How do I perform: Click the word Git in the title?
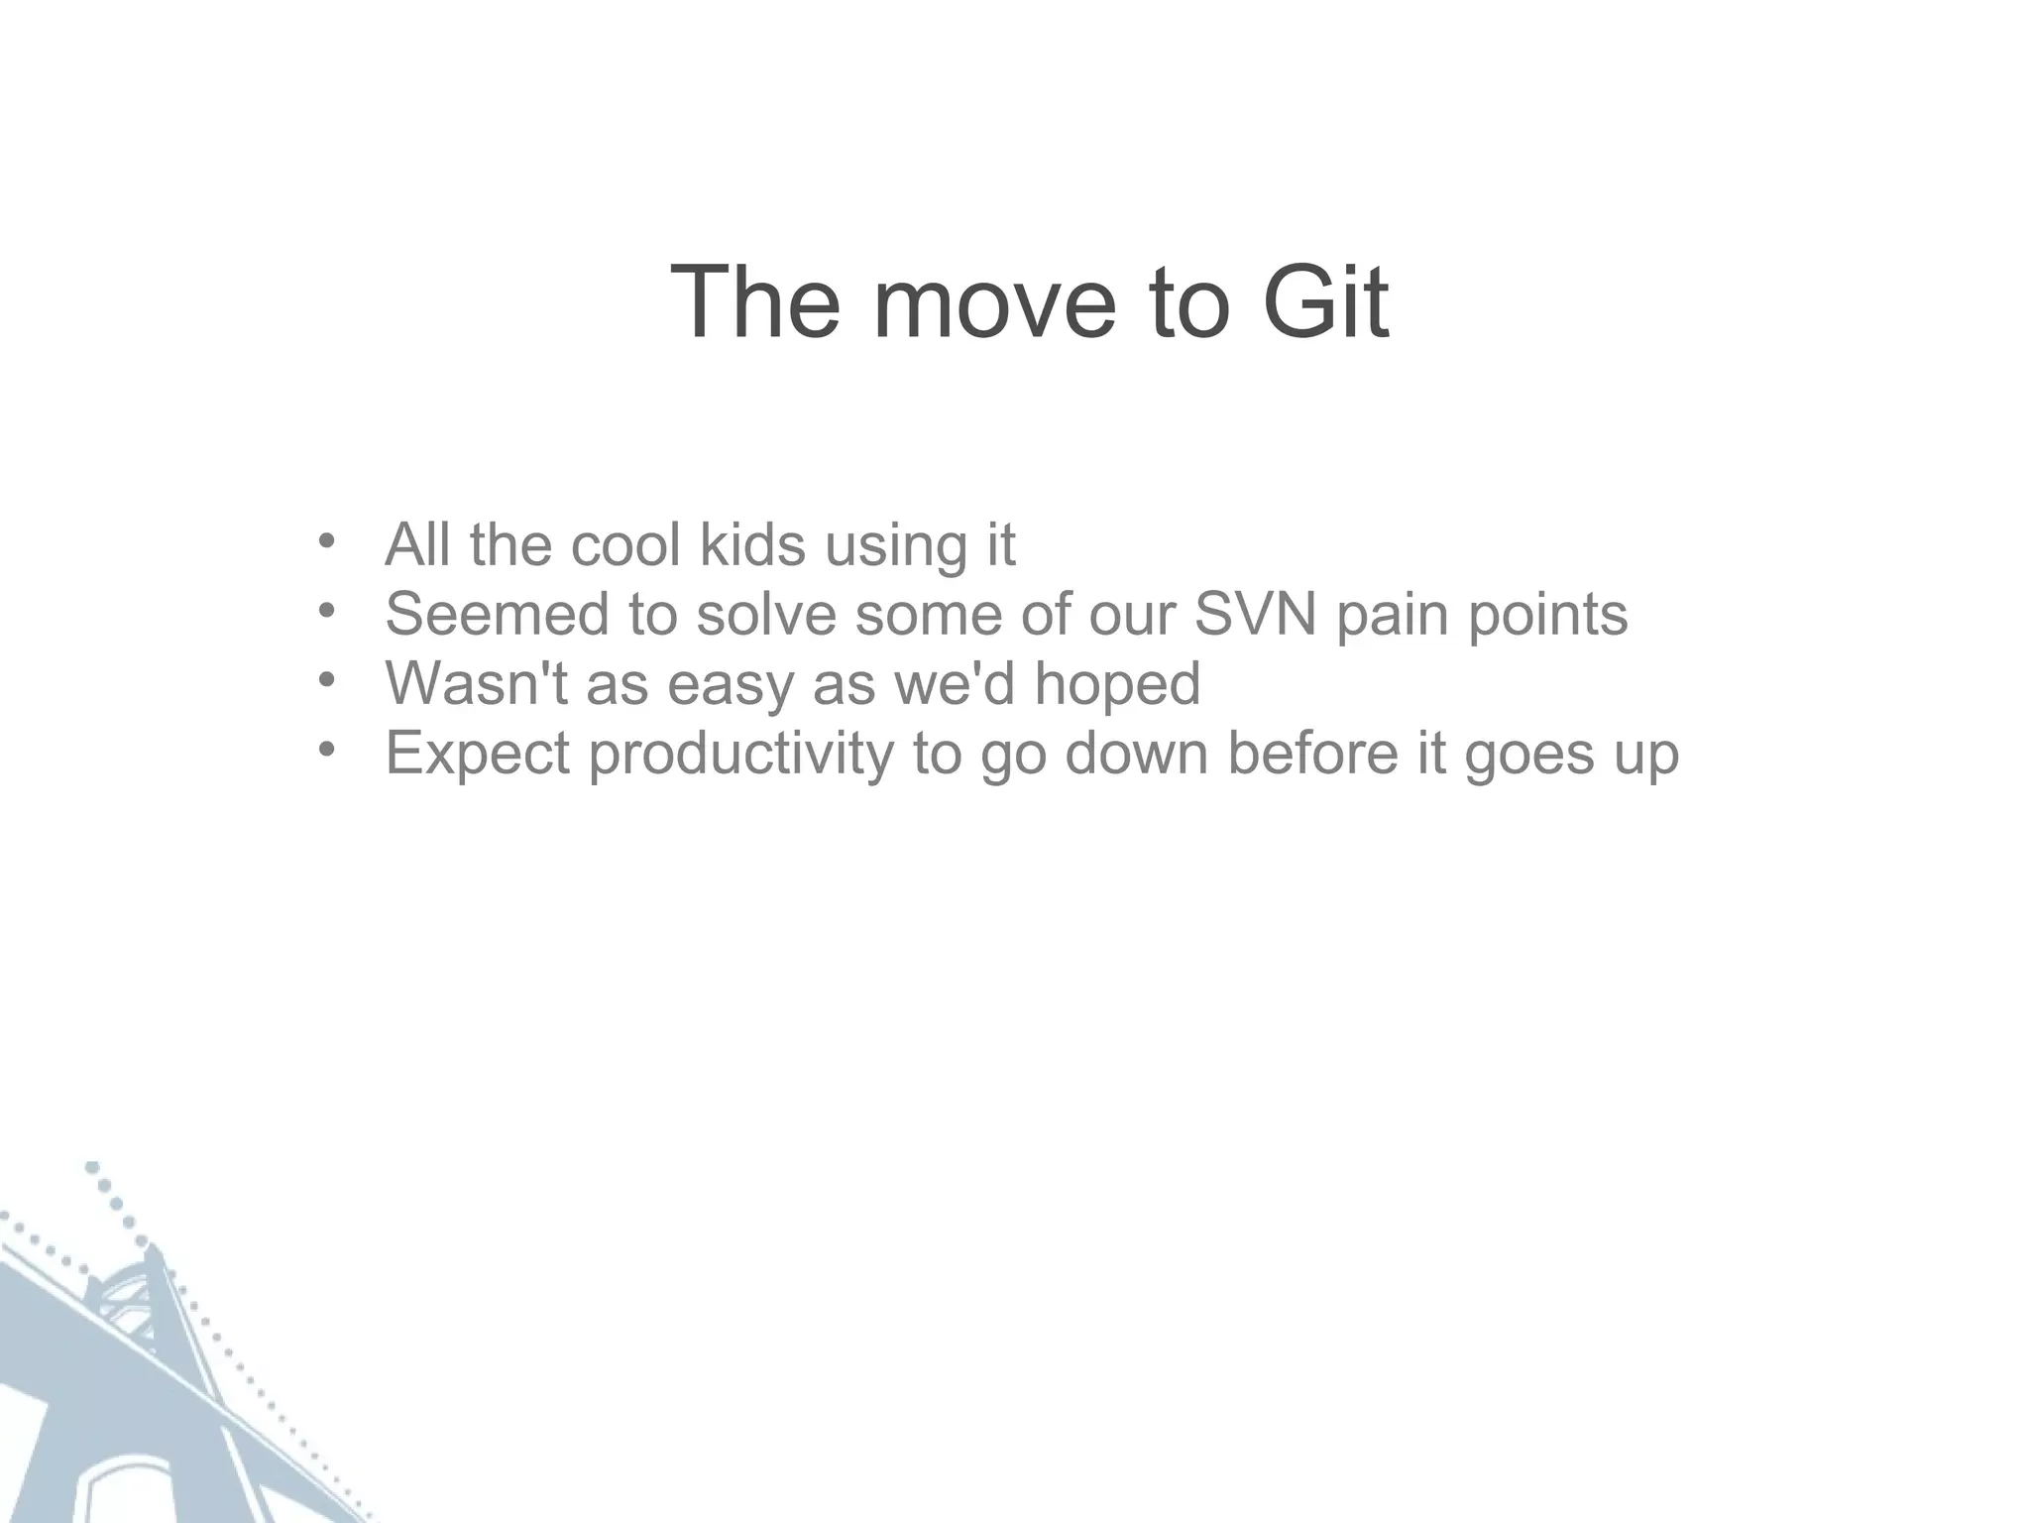pyautogui.click(x=1325, y=302)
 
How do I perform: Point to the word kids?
pyautogui.click(x=752, y=544)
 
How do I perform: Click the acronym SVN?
pyautogui.click(x=1255, y=614)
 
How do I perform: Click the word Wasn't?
pyautogui.click(x=477, y=683)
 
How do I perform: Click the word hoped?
pyautogui.click(x=1117, y=685)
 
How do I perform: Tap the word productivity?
pyautogui.click(x=741, y=755)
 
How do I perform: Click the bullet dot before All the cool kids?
pyautogui.click(x=327, y=541)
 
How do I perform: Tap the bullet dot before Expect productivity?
pyautogui.click(x=327, y=750)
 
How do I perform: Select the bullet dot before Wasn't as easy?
pyautogui.click(x=327, y=680)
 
